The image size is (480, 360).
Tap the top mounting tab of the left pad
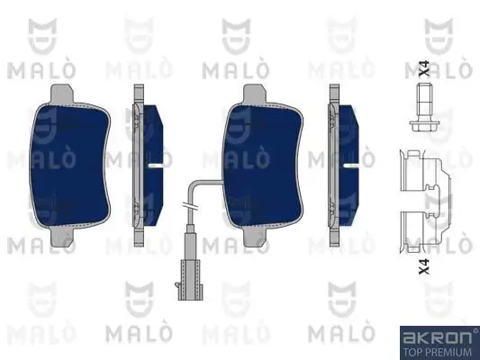click(63, 91)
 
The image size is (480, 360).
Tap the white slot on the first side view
click(157, 166)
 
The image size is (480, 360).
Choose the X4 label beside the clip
click(424, 265)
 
